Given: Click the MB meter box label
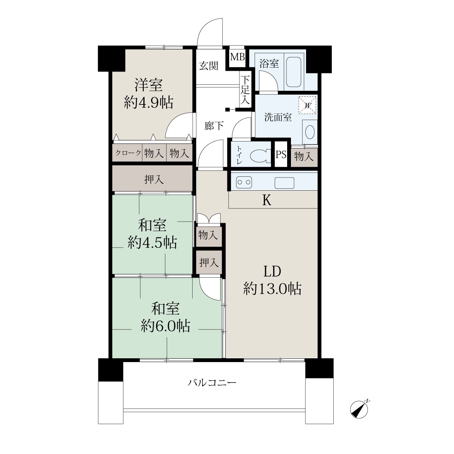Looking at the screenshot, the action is click(238, 57).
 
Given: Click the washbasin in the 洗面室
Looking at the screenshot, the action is click(310, 132).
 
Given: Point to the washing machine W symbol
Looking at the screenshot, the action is click(307, 105).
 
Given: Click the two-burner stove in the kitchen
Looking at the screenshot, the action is click(244, 182).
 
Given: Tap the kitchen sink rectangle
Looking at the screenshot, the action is click(285, 183).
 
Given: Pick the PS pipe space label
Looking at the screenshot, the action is click(281, 155).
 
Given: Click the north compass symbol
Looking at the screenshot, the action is click(360, 409).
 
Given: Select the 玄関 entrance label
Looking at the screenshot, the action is click(209, 66).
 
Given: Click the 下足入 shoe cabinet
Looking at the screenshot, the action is click(245, 90).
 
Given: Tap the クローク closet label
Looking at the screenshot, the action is click(128, 153).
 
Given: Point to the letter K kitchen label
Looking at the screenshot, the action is click(267, 201).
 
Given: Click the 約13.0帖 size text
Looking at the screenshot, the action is click(272, 289).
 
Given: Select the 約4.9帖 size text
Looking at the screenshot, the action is click(149, 102).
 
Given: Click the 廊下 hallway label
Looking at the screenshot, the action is click(214, 126).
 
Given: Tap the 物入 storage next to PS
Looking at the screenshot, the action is click(304, 156).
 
